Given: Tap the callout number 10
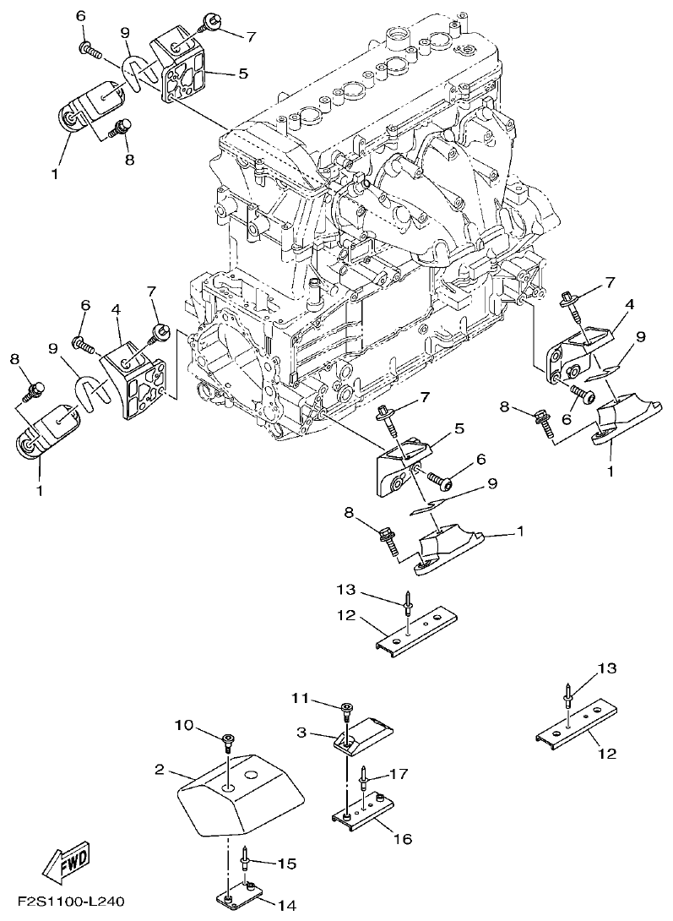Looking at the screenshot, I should point(184,725).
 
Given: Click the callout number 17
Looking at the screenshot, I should point(399,773).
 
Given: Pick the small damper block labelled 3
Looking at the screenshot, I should point(365,732).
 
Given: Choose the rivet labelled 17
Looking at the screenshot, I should point(362,775).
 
